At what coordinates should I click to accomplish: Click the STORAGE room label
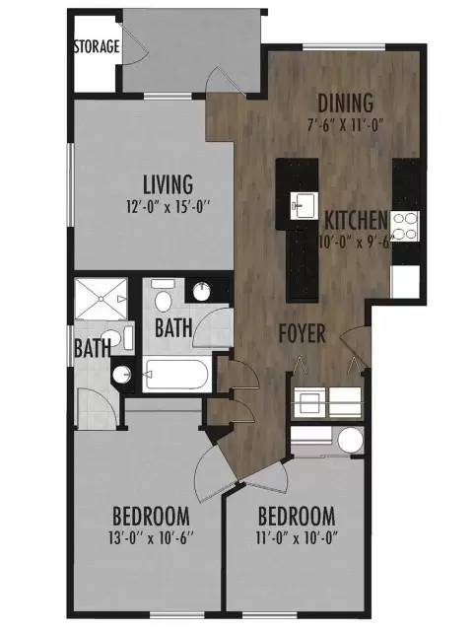(x=97, y=46)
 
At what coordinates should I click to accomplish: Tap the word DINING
(x=346, y=103)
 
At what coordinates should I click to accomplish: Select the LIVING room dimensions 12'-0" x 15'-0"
(x=169, y=207)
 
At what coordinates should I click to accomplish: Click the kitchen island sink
(x=304, y=205)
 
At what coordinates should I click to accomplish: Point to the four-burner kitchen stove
(x=405, y=226)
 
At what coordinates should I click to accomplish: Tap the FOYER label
(x=303, y=333)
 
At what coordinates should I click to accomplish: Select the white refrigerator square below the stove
(x=405, y=281)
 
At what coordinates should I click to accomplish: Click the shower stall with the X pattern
(x=101, y=298)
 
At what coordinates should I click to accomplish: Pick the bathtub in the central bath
(x=176, y=375)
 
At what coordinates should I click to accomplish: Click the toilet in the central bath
(x=163, y=297)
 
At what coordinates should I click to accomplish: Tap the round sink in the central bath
(x=201, y=292)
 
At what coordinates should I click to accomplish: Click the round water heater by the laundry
(x=350, y=440)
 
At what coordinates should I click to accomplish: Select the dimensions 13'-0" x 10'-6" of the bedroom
(x=151, y=538)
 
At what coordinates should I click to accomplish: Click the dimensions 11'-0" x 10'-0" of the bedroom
(x=297, y=538)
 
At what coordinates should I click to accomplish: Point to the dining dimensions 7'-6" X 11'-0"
(x=345, y=125)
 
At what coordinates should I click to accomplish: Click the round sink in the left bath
(x=122, y=375)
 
